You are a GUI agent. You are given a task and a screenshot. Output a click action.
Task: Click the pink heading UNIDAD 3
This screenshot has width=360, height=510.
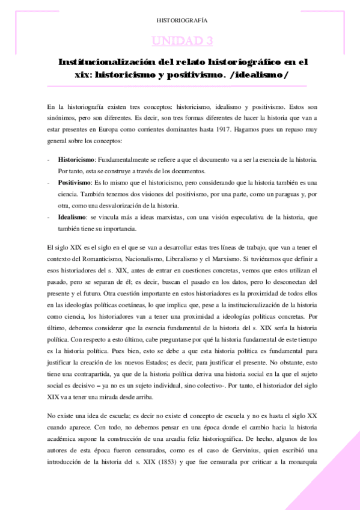(183, 41)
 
